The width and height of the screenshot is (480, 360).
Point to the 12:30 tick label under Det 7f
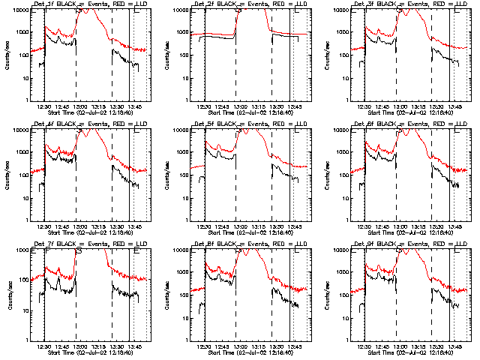(45, 347)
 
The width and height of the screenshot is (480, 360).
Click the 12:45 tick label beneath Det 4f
(63, 227)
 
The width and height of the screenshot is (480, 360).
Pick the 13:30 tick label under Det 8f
(277, 347)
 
